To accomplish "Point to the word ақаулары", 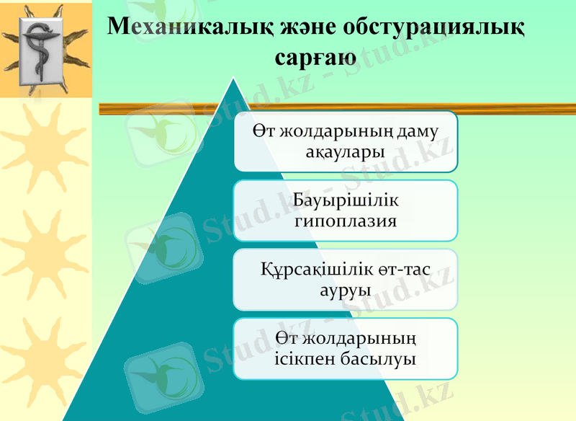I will pyautogui.click(x=344, y=151).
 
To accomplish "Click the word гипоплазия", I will pyautogui.click(x=346, y=220).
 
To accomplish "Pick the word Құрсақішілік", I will pyautogui.click(x=316, y=270).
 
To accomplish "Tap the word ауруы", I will pyautogui.click(x=345, y=290).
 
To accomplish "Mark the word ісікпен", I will pyautogui.click(x=307, y=358).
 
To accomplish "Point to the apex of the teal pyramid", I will pyautogui.click(x=233, y=79).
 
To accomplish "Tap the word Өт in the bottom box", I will pyautogui.click(x=287, y=338).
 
